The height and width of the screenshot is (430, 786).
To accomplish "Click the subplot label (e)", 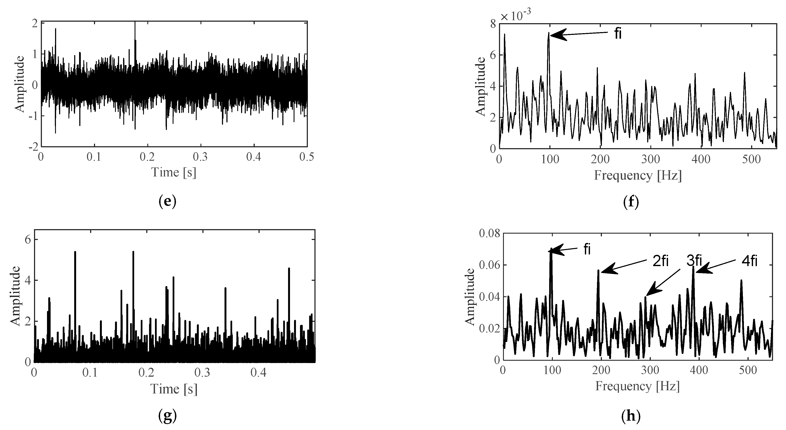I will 168,202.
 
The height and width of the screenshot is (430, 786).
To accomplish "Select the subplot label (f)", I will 631,202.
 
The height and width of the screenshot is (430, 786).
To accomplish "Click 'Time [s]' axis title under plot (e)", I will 174,173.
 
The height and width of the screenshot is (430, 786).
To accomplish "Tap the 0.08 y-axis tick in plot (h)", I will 489,234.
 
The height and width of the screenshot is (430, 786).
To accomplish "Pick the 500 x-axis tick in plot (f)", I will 751,159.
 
